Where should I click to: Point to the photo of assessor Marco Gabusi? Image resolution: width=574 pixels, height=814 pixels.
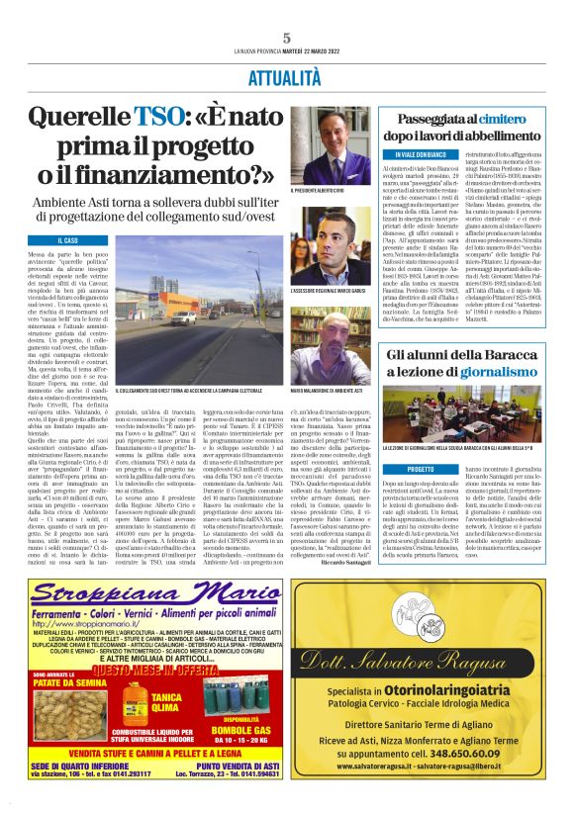tap(336, 254)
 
